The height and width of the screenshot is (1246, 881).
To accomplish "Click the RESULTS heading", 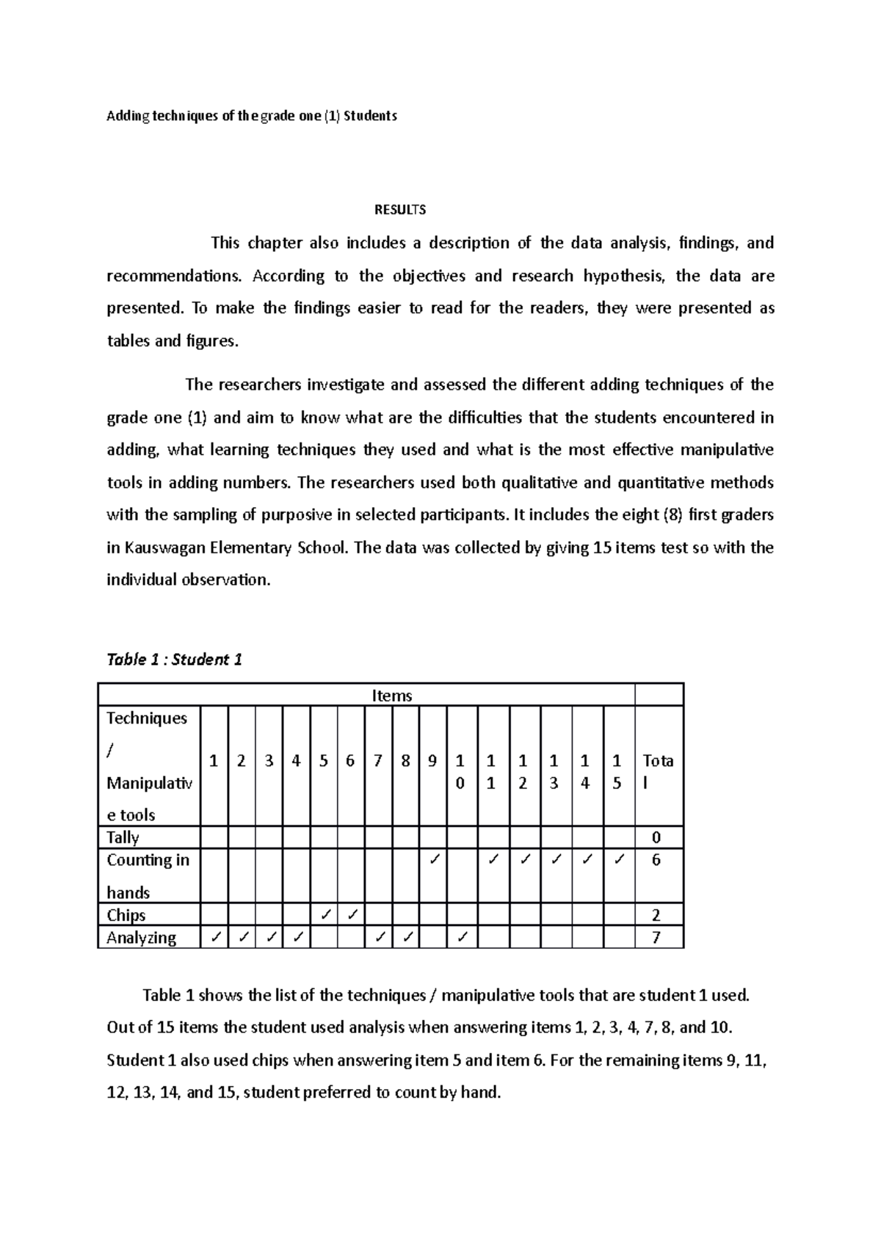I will click(x=400, y=210).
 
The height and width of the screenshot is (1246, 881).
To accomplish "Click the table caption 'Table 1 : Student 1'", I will click(x=174, y=659).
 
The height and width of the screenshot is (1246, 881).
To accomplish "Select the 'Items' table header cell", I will click(x=391, y=696).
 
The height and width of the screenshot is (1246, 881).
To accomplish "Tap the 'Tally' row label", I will click(x=123, y=837).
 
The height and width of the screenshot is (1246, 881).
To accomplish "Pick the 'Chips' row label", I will click(x=126, y=915).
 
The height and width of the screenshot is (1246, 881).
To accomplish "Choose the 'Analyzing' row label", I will click(x=141, y=938).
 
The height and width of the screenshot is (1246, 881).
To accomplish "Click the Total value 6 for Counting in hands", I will click(x=656, y=860).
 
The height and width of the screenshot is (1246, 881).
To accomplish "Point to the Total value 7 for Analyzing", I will click(x=656, y=938).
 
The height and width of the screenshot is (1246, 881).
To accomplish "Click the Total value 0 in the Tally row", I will click(x=656, y=837).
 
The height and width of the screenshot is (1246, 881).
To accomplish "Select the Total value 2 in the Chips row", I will click(x=656, y=915).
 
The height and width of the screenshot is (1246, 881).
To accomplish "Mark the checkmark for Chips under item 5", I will click(x=324, y=915).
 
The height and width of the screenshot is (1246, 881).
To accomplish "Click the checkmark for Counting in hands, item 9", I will click(x=433, y=859).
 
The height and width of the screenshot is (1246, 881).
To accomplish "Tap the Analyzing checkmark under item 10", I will click(x=461, y=938).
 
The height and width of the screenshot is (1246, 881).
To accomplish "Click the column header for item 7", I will click(x=377, y=761).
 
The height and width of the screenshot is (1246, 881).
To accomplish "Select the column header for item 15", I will click(x=617, y=772).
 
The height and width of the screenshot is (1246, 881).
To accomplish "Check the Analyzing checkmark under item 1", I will click(x=214, y=938).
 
